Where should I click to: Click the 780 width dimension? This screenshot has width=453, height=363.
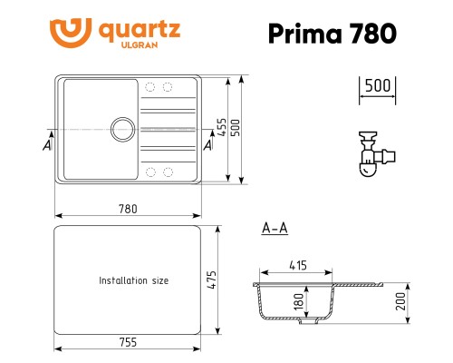[x=128, y=209]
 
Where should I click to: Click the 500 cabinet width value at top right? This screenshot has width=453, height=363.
[x=376, y=86]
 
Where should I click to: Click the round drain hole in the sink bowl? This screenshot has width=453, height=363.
[x=122, y=128]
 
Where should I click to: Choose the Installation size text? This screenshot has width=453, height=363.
[x=133, y=281]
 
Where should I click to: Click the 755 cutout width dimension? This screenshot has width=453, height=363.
[x=128, y=342]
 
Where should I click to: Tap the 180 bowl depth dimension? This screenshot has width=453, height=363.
[x=297, y=300]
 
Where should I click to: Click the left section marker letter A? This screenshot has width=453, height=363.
[x=46, y=143]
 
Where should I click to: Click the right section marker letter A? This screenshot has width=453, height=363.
[x=209, y=143]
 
